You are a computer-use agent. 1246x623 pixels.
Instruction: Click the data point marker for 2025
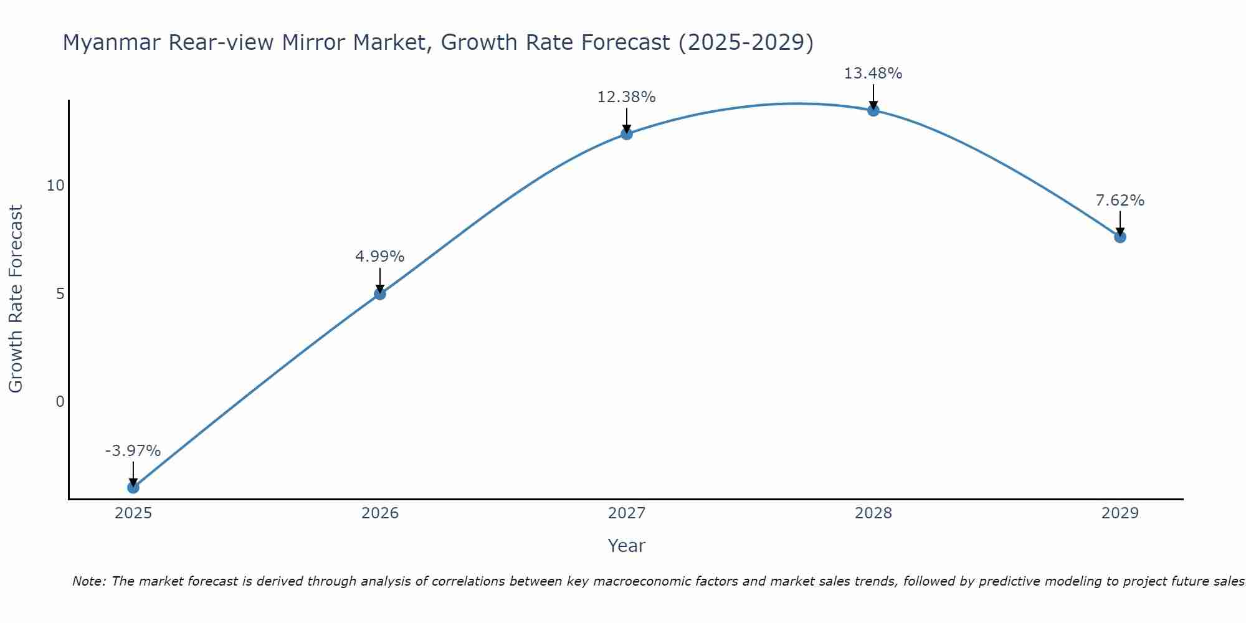(133, 487)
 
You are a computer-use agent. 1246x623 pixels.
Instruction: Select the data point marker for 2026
(380, 293)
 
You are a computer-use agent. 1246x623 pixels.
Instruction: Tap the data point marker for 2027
(627, 134)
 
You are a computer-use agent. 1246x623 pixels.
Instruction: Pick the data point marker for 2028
(873, 110)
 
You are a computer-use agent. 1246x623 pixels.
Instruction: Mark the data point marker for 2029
(1120, 237)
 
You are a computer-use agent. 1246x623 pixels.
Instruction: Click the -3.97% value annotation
(133, 451)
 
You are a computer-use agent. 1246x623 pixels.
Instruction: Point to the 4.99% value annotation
(380, 257)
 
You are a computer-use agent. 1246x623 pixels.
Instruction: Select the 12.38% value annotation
(627, 97)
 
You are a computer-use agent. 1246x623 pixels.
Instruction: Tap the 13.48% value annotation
(873, 74)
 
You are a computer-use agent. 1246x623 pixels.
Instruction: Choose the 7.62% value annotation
(1120, 201)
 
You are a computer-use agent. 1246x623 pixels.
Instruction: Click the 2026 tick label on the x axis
(380, 513)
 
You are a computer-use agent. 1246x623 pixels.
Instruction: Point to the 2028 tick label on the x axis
(873, 513)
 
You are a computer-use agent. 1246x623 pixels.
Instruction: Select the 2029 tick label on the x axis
(1120, 513)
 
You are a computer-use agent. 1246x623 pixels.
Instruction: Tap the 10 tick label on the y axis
(55, 186)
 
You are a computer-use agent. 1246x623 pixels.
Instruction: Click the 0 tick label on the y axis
(60, 402)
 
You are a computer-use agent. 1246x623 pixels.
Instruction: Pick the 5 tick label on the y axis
(60, 294)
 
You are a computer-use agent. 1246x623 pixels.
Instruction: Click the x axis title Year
(627, 546)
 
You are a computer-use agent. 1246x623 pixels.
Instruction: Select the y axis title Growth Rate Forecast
(16, 299)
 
